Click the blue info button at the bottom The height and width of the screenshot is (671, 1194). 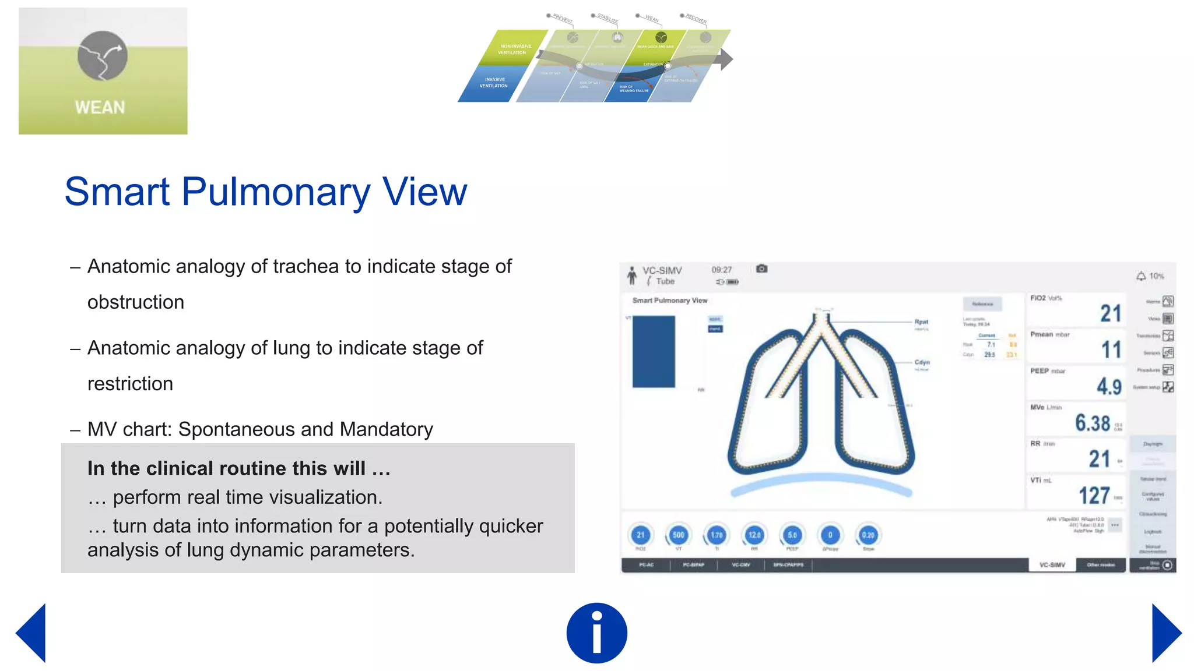tap(596, 633)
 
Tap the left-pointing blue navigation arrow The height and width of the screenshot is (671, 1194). tap(33, 633)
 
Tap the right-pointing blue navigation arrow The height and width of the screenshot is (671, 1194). tap(1165, 633)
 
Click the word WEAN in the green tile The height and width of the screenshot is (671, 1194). tap(100, 108)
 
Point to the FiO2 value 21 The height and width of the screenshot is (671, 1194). tap(1110, 313)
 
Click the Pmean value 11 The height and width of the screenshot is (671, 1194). tap(1111, 349)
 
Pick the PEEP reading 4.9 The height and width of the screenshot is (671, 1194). tap(1109, 386)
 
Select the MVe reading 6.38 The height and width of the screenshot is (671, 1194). tap(1093, 423)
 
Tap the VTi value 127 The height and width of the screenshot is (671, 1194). tap(1094, 496)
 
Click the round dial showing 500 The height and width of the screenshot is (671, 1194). tap(678, 535)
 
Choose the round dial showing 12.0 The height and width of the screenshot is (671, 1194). tap(754, 535)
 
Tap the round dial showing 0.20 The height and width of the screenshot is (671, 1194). tap(868, 535)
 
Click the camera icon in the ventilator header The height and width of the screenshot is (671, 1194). tap(761, 269)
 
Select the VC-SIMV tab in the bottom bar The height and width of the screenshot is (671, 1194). tap(1052, 565)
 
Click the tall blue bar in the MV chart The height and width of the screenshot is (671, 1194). tap(654, 352)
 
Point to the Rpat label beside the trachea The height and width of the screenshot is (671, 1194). tap(921, 322)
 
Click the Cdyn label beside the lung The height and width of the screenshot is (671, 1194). tap(922, 362)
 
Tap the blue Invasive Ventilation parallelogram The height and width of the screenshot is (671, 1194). tap(493, 83)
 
